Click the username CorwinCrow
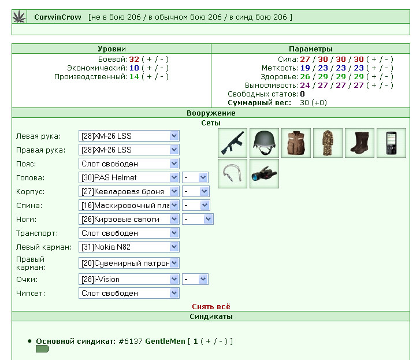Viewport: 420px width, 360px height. coord(58,17)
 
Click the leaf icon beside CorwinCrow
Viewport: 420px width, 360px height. coord(19,17)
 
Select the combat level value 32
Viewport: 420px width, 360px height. coord(134,59)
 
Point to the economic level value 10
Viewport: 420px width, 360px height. coord(134,68)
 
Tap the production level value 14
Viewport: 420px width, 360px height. coord(134,77)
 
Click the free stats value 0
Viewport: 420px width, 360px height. coord(302,94)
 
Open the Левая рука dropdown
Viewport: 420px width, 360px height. coord(129,136)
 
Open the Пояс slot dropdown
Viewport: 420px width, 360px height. coord(129,164)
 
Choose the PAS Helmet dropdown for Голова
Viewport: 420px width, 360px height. coord(129,177)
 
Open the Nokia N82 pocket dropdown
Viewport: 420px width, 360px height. coord(129,247)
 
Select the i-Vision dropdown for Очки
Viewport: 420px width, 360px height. coord(129,279)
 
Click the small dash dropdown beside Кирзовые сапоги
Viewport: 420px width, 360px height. coord(198,219)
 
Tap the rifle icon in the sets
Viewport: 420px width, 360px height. coord(232,143)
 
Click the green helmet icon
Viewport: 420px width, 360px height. coord(264,143)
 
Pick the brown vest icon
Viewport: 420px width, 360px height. coord(296,143)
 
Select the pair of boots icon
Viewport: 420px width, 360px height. coord(359,143)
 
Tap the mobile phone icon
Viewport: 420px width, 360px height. coord(391,143)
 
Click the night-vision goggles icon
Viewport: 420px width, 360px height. coord(264,173)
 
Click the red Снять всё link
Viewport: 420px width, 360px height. coord(211,306)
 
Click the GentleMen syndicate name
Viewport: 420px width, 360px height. coord(165,342)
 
